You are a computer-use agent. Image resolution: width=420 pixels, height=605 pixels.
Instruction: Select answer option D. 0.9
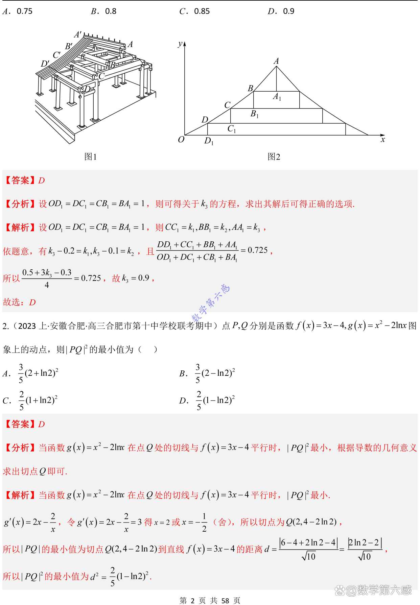[x=281, y=11]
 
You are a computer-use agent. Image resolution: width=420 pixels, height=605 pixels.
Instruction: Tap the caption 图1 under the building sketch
[x=90, y=156]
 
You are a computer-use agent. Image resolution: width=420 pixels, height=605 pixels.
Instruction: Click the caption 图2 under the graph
[x=274, y=156]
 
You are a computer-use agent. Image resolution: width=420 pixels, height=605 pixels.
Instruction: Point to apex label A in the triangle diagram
[x=276, y=61]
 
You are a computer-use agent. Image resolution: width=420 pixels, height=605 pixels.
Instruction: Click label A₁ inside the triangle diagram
[x=277, y=97]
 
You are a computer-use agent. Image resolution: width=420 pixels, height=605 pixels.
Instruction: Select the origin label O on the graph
[x=181, y=140]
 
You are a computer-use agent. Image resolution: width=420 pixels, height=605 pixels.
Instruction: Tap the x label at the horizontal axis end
[x=382, y=140]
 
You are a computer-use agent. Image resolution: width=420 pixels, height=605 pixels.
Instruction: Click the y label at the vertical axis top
[x=181, y=44]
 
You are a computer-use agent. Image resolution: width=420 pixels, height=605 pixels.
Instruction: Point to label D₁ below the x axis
[x=209, y=141]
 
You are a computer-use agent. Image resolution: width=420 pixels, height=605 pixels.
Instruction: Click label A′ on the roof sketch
[x=78, y=34]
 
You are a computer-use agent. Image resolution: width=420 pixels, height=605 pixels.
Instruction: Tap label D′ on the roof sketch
[x=45, y=64]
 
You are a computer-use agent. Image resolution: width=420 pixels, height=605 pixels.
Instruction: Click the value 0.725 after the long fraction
[x=258, y=250]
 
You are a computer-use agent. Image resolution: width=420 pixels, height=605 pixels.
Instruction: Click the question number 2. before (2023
[x=5, y=326]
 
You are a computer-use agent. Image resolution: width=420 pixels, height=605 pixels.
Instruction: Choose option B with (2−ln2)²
[x=207, y=373]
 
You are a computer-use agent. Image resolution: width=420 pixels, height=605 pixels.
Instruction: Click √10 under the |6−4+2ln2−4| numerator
[x=309, y=556]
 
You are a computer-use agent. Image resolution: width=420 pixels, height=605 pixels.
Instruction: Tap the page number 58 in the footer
[x=225, y=600]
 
